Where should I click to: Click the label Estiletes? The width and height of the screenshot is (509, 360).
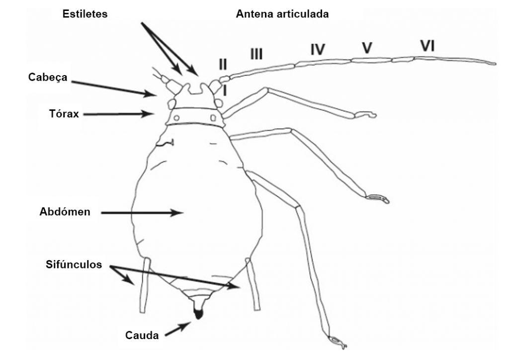pos(85,13)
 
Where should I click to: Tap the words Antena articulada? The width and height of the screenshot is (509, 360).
pos(282,14)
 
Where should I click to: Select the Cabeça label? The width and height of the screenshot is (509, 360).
pos(48,77)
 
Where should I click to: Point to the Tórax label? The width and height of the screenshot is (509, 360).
pos(64,113)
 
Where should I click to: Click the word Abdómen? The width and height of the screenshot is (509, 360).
pos(65,212)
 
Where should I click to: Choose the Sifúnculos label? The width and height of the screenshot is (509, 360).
pos(74,264)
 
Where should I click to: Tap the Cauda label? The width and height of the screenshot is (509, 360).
pos(142,335)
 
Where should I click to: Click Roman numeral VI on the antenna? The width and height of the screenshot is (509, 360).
pos(427,46)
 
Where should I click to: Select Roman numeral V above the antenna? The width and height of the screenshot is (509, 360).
pos(367,48)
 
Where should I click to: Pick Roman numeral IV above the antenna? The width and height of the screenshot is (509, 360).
pos(317,50)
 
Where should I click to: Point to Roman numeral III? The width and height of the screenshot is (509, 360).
pos(256,54)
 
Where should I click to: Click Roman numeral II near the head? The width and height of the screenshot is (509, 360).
pos(223,64)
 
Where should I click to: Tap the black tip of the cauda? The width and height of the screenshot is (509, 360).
pos(198,314)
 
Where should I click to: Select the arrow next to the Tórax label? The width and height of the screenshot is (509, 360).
pos(118,114)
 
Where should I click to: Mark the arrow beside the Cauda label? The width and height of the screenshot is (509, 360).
pos(177,329)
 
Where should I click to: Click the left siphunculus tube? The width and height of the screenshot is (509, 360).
pos(145,285)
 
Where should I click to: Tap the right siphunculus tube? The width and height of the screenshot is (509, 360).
pos(253,284)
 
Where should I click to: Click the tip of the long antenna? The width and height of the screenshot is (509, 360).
pos(496,63)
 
